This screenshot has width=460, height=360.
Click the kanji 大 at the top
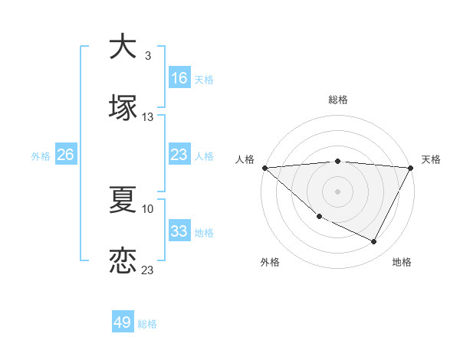point(123,47)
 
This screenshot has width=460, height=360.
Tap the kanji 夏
point(123,199)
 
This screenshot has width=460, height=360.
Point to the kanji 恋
point(123,260)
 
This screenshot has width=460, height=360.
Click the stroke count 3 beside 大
point(148,56)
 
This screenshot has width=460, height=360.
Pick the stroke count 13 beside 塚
point(148,117)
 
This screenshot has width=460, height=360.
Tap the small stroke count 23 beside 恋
point(148,270)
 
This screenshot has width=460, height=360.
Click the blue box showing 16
point(179,77)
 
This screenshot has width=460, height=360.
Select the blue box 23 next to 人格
point(179,155)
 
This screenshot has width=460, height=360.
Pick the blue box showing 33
point(179,231)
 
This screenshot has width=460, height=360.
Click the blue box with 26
point(65,155)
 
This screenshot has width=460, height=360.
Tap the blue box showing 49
point(123,322)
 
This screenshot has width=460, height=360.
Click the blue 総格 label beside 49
point(147,324)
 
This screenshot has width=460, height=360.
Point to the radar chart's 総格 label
point(338,100)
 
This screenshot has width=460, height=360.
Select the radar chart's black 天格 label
point(432,159)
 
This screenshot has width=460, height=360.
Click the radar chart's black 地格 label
point(402,262)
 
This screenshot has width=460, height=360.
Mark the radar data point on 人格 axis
point(264,168)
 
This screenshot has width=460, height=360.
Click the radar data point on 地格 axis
point(374,242)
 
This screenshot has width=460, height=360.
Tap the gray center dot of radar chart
point(338,191)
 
